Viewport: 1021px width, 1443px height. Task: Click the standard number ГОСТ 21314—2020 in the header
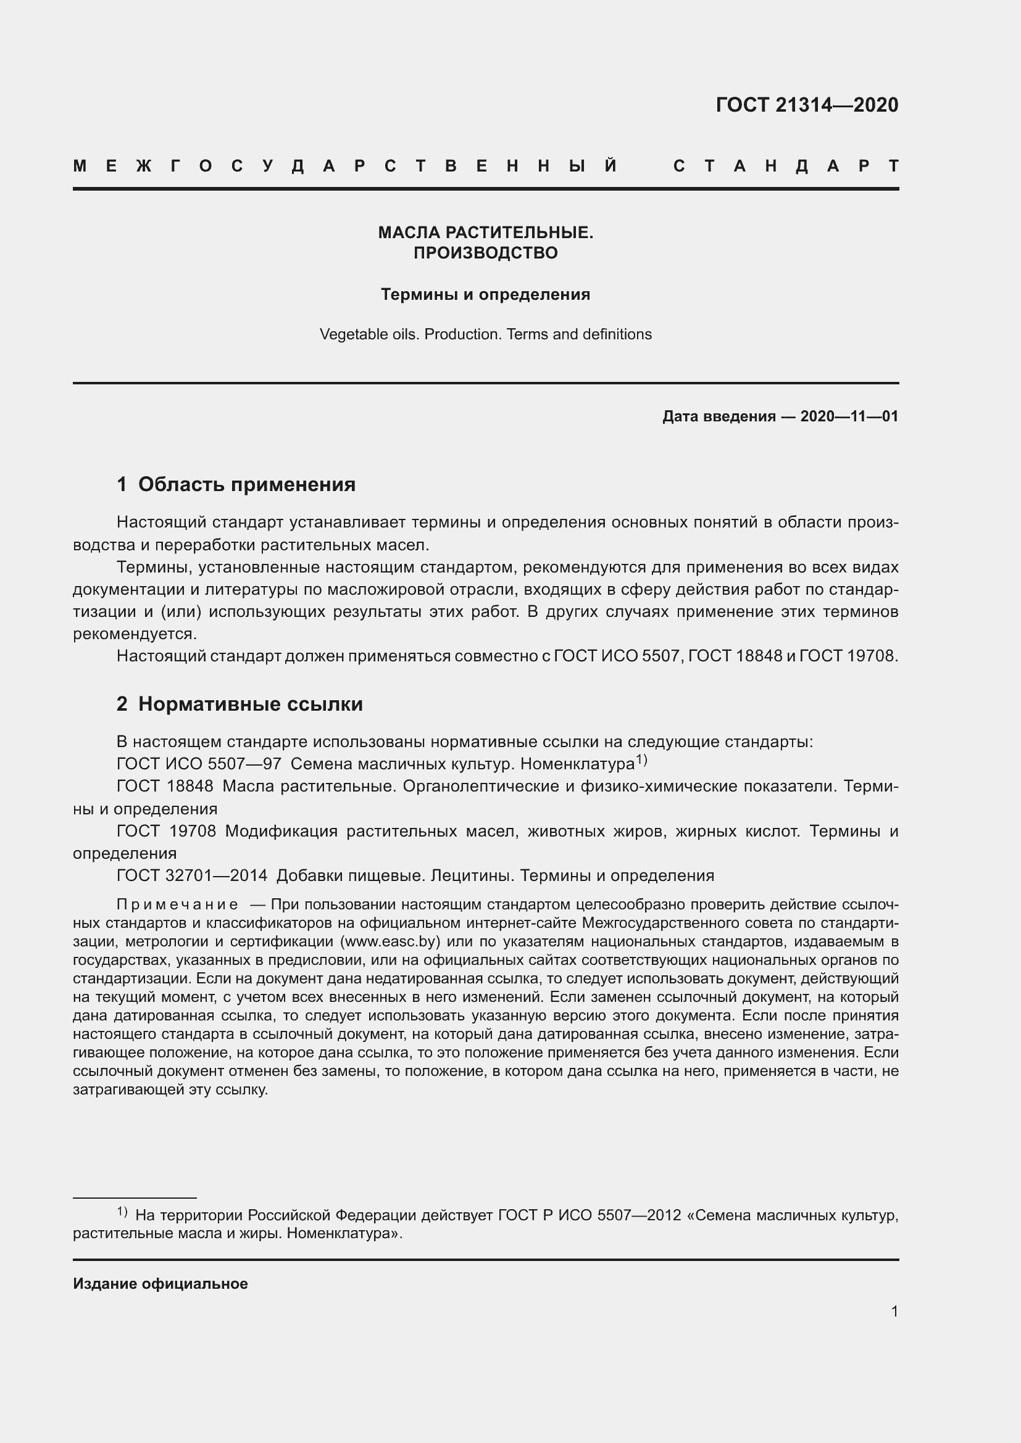(807, 105)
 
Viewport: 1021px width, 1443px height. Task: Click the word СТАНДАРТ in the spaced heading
(785, 167)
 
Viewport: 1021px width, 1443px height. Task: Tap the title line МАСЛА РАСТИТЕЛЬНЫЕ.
(485, 233)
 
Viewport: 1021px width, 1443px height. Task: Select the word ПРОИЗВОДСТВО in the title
(485, 254)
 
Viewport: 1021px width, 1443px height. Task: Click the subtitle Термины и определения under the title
(485, 295)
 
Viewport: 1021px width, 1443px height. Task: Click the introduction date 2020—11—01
(849, 416)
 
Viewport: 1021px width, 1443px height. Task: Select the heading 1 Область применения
(236, 484)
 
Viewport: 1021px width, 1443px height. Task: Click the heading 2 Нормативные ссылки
(240, 704)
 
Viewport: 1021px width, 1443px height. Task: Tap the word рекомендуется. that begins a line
(135, 634)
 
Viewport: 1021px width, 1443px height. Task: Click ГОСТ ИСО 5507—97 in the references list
(199, 764)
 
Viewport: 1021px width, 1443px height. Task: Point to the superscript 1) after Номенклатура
(641, 761)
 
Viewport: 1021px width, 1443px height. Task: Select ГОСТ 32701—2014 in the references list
(192, 875)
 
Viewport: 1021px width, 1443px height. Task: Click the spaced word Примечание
(177, 905)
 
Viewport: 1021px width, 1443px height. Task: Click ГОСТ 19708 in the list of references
(166, 832)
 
